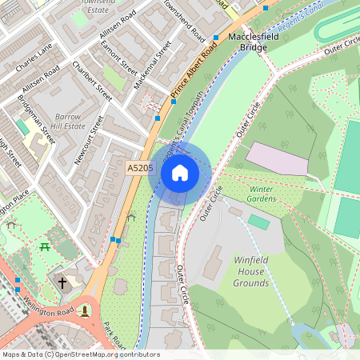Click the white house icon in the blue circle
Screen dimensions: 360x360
(x=180, y=173)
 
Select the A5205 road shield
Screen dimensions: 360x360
(x=140, y=168)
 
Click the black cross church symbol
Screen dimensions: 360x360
(x=62, y=282)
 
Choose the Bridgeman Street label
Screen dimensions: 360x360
(x=37, y=120)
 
